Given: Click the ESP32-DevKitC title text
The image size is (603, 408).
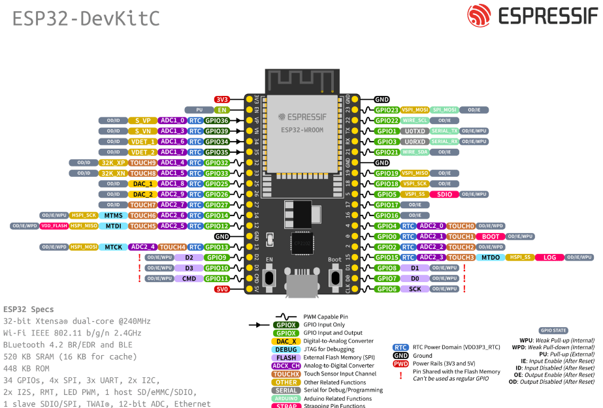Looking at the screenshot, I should click(x=86, y=18).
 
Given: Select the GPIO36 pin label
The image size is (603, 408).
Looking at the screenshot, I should click(x=216, y=121).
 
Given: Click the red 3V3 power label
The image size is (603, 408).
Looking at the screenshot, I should click(x=222, y=99).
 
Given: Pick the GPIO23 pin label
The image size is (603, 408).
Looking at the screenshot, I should click(x=387, y=110).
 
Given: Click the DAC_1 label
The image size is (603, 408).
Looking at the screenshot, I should click(x=142, y=184).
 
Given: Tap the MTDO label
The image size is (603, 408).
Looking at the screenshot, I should click(x=490, y=257).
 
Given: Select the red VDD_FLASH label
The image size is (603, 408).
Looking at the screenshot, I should click(x=54, y=226).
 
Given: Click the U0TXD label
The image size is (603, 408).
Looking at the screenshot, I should click(x=415, y=131).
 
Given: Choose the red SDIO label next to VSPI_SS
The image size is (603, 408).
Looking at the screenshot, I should click(x=444, y=195).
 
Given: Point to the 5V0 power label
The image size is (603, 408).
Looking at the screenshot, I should click(x=222, y=289).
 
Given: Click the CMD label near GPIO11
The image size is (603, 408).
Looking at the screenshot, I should click(x=189, y=279).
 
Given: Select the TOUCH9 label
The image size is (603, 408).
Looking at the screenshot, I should click(x=142, y=163).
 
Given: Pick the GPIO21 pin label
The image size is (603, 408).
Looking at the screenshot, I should click(x=387, y=152).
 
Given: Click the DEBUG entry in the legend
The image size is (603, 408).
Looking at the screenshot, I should click(x=287, y=349).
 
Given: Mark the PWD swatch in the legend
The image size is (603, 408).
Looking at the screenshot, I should click(x=400, y=364).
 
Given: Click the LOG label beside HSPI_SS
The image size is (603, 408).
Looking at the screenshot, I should click(x=549, y=257).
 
